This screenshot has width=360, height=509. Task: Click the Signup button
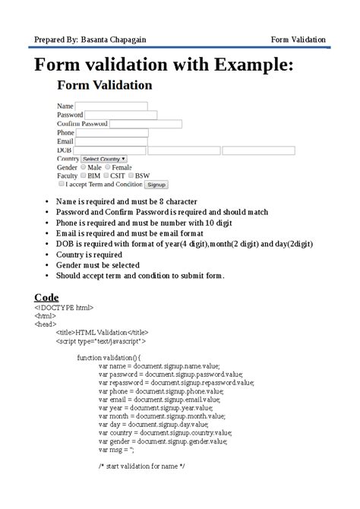[x=156, y=185]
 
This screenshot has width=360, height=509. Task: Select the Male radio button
[x=83, y=167]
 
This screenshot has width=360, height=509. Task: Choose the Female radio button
[x=107, y=167]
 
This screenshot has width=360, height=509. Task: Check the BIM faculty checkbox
[x=83, y=175]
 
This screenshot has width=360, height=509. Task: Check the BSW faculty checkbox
[x=130, y=175]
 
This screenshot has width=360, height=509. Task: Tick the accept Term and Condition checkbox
[x=61, y=184]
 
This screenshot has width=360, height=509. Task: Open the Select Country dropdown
[x=104, y=159]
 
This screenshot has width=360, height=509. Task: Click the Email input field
[x=111, y=141]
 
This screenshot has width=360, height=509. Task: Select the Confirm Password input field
[x=145, y=124]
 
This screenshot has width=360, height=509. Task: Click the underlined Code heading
[x=47, y=297]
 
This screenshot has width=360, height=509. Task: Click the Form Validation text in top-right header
[x=298, y=40]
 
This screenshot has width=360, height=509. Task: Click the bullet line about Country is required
[x=89, y=255]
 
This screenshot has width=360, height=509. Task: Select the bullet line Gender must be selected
[x=99, y=266]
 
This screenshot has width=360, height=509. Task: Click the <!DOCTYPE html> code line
[x=64, y=308]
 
